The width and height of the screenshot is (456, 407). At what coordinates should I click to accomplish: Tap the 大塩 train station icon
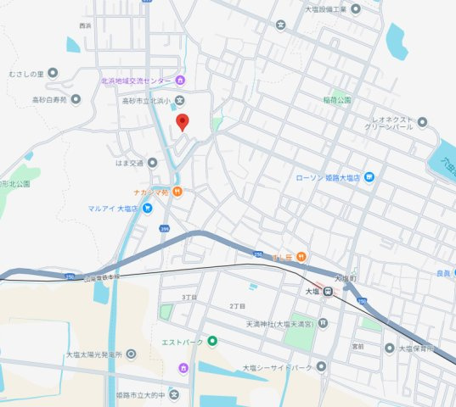pyautogui.click(x=325, y=290)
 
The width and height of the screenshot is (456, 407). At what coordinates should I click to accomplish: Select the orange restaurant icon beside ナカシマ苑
pyautogui.click(x=177, y=192)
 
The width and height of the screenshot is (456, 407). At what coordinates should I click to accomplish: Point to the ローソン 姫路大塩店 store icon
pyautogui.click(x=369, y=177)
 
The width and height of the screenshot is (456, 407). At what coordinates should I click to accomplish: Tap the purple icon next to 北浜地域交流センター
pyautogui.click(x=180, y=81)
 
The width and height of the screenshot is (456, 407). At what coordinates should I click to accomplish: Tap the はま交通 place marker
pyautogui.click(x=153, y=161)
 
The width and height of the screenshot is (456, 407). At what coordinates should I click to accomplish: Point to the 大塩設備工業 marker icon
pyautogui.click(x=355, y=8)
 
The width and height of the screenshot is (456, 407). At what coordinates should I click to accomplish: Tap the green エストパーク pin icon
pyautogui.click(x=213, y=342)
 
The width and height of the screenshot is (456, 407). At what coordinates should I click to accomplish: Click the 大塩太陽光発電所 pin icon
pyautogui.click(x=131, y=354)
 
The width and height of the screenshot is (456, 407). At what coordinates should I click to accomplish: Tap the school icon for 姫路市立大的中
pyautogui.click(x=174, y=395)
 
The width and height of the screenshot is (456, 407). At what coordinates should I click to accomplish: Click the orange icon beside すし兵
pyautogui.click(x=301, y=257)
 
